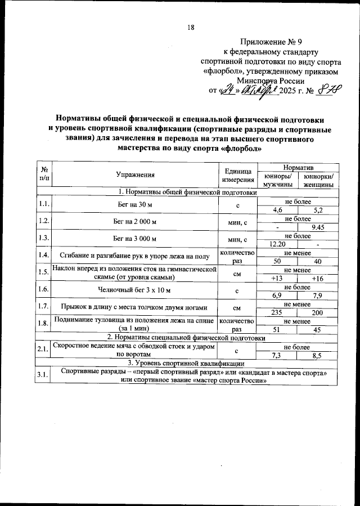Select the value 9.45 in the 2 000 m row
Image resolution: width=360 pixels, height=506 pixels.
[318, 227]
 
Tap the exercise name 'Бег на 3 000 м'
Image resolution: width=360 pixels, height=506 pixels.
[135, 239]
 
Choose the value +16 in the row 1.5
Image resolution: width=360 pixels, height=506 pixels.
[318, 278]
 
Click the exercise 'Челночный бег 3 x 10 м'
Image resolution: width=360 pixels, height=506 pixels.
[135, 290]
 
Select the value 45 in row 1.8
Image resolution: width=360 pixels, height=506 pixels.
[318, 330]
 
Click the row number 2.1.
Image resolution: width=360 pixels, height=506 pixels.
[43, 351]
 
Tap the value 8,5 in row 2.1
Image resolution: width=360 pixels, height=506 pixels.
[318, 356]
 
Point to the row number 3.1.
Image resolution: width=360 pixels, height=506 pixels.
[43, 376]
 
